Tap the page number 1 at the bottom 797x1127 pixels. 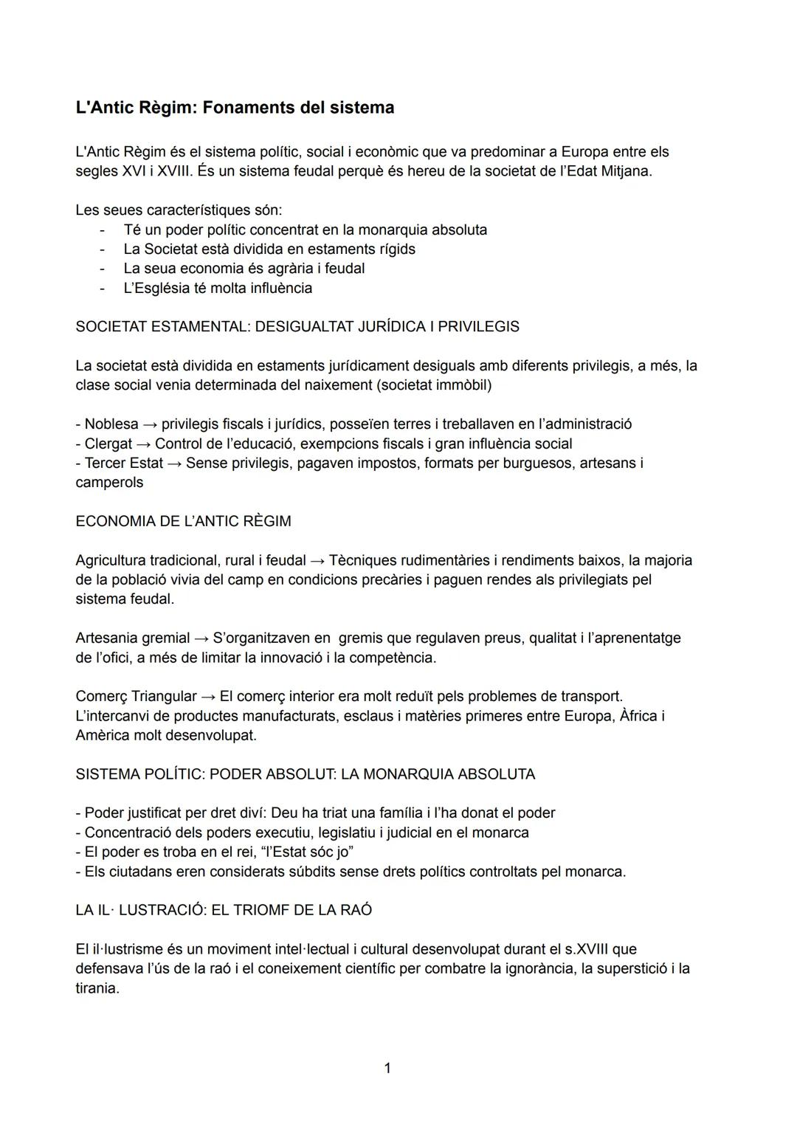[387, 1068]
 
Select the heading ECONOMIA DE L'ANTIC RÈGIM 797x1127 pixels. [183, 521]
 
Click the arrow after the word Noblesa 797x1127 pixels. [150, 424]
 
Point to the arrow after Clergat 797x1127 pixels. [143, 444]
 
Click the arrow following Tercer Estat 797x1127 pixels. [174, 463]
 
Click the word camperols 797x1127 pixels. [109, 483]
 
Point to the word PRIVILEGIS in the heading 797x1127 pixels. [478, 327]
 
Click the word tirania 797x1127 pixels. [97, 988]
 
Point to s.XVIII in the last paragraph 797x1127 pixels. [596, 949]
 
